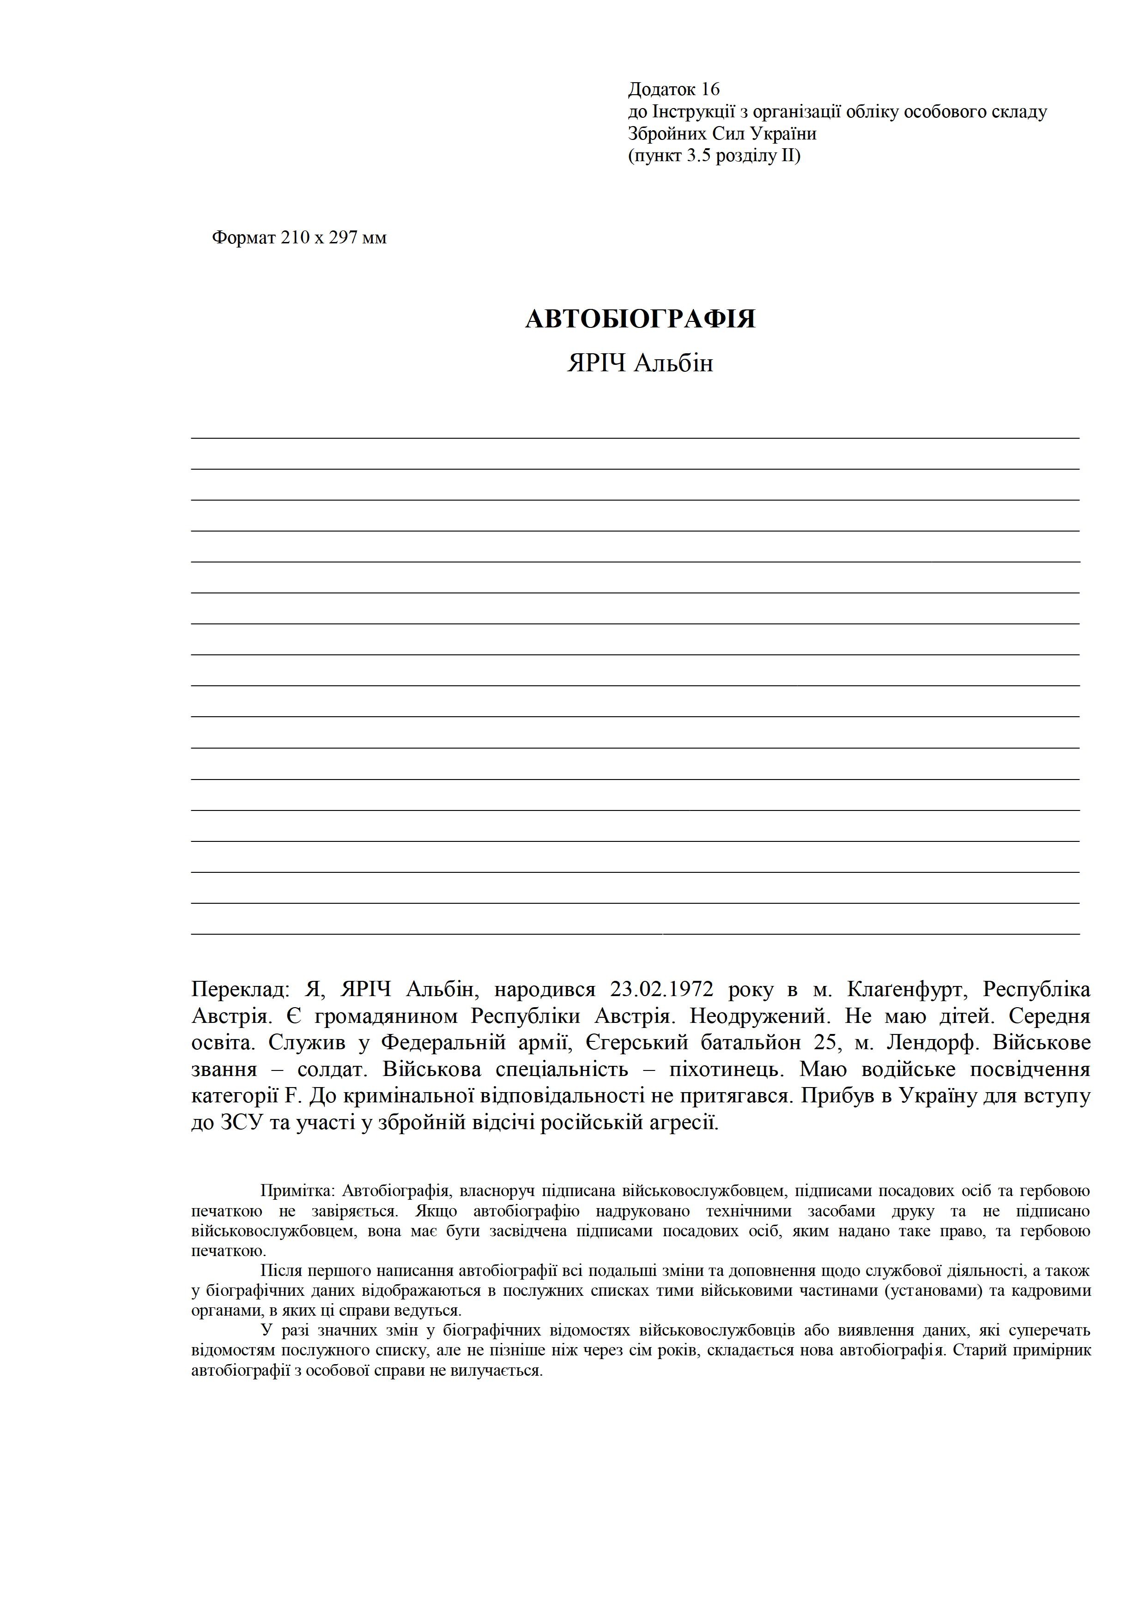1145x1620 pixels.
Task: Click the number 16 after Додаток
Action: tap(710, 89)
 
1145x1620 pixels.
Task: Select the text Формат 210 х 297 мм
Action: tap(299, 238)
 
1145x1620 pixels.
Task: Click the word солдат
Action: tap(327, 1069)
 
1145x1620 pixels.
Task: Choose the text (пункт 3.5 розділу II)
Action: tap(714, 155)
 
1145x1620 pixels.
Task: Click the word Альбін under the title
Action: tap(674, 363)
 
